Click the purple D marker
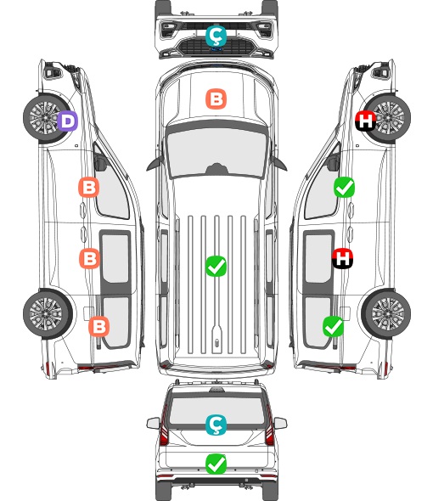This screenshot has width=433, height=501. pyautogui.click(x=67, y=121)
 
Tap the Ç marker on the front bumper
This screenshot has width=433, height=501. pyautogui.click(x=216, y=36)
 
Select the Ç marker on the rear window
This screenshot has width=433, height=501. pyautogui.click(x=216, y=425)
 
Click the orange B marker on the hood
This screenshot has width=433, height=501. pyautogui.click(x=216, y=99)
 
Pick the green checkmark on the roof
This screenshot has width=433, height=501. pyautogui.click(x=216, y=266)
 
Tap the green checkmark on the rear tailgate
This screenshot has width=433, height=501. pyautogui.click(x=216, y=464)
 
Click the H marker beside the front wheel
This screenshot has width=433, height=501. pyautogui.click(x=365, y=121)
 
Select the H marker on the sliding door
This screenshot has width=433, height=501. pyautogui.click(x=342, y=258)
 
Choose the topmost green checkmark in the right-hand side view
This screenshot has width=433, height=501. pyautogui.click(x=344, y=187)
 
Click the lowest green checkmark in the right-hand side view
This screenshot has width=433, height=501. pyautogui.click(x=333, y=326)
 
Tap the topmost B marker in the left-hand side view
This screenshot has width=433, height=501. pyautogui.click(x=88, y=187)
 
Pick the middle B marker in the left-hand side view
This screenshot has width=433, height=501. pyautogui.click(x=89, y=258)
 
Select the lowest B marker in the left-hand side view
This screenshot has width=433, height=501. pyautogui.click(x=98, y=326)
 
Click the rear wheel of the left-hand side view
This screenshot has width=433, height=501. pyautogui.click(x=48, y=313)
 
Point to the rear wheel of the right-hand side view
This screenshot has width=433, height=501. pyautogui.click(x=386, y=313)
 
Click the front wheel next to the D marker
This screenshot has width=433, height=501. pyautogui.click(x=45, y=118)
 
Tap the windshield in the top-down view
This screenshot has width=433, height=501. pyautogui.click(x=216, y=152)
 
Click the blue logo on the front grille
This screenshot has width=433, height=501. pyautogui.click(x=216, y=49)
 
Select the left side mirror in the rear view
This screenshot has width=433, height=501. pyautogui.click(x=153, y=423)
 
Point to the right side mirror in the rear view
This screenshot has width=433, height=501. pyautogui.click(x=280, y=423)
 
